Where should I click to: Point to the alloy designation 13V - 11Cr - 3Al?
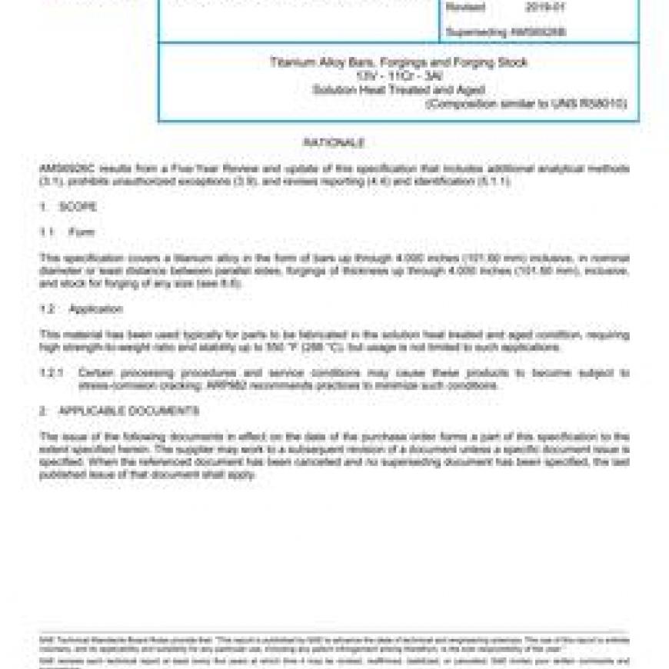(x=398, y=76)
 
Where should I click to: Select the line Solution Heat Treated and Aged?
(x=398, y=89)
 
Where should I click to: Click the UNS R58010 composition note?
(x=526, y=103)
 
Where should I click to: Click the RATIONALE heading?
(x=334, y=143)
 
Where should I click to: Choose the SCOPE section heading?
(x=78, y=207)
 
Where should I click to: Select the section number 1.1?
(x=47, y=232)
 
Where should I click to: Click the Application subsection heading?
(x=95, y=309)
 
